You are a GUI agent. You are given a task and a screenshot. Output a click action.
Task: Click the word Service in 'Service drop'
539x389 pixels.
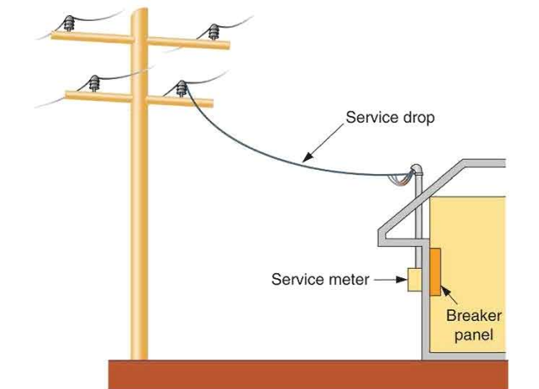click(x=370, y=118)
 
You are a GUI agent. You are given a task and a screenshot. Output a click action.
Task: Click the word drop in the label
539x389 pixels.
click(x=418, y=118)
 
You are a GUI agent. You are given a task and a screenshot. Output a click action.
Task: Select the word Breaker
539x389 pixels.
click(x=474, y=317)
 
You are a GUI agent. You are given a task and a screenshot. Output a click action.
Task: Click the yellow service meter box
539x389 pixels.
click(x=413, y=280)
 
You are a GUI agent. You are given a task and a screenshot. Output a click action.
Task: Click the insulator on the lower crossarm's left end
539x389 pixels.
click(x=93, y=82)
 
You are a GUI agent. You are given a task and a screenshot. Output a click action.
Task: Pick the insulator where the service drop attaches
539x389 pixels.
click(x=181, y=87)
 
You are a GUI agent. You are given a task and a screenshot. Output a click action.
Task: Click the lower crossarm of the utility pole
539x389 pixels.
click(x=139, y=96)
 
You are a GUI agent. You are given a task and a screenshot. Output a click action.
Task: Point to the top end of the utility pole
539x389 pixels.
click(x=138, y=10)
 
